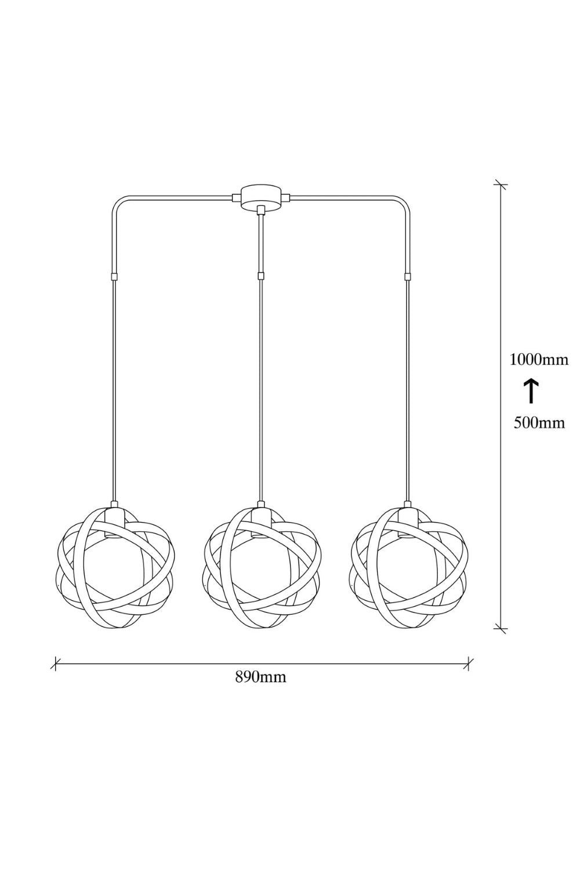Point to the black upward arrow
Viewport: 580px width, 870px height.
coord(531,391)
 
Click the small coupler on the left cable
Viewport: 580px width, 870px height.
coord(114,277)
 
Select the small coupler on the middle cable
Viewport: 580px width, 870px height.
coord(261,277)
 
